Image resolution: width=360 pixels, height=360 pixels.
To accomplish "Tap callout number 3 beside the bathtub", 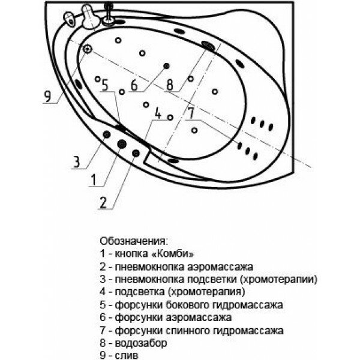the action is [x=77, y=161].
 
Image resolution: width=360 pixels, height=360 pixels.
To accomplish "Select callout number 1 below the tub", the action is [x=94, y=178].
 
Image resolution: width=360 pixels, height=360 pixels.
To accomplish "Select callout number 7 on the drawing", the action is [x=190, y=113].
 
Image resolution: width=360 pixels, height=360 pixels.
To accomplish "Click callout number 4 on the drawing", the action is [x=158, y=112].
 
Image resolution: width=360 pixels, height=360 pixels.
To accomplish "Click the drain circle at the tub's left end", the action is [x=88, y=49].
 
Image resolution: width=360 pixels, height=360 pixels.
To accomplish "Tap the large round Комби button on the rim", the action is [x=121, y=144].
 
